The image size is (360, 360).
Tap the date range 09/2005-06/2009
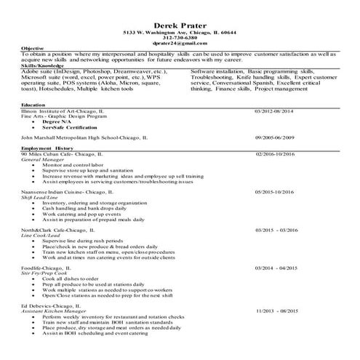pyautogui.click(x=274, y=136)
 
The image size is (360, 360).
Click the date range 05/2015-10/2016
pyautogui.click(x=275, y=191)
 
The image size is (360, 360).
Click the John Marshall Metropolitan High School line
pyautogui.click(x=81, y=136)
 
